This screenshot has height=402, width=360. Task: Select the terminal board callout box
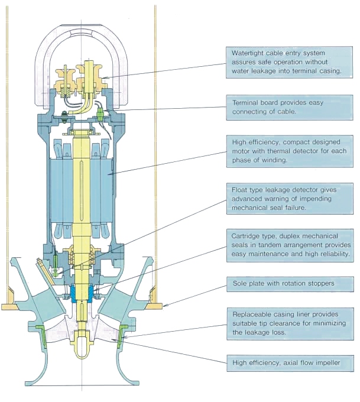click(x=290, y=107)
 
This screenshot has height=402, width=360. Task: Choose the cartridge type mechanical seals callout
click(x=290, y=245)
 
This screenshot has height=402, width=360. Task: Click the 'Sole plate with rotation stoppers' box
click(x=290, y=283)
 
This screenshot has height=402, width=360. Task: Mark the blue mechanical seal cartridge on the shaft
click(x=81, y=292)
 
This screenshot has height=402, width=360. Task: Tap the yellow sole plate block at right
click(x=158, y=305)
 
